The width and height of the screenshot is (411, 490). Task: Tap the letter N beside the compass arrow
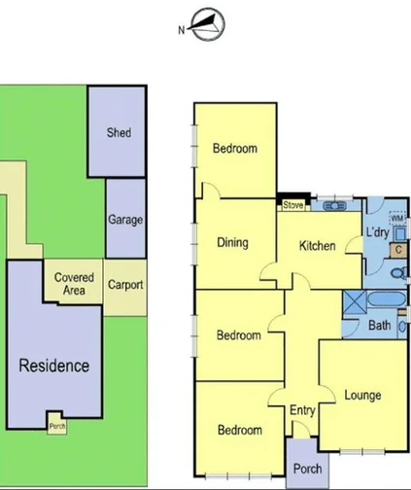(182, 29)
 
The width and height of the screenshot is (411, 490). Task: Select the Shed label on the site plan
(119, 132)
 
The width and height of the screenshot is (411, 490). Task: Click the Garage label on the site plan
(124, 220)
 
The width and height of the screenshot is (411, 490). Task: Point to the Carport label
(124, 285)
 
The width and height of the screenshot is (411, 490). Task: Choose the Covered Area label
(74, 284)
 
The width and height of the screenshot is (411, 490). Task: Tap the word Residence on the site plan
(54, 366)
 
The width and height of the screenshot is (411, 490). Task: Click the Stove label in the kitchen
(292, 205)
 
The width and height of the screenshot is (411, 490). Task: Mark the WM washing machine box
(396, 222)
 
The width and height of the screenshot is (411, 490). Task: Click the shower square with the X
(353, 301)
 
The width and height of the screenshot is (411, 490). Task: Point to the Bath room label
(379, 326)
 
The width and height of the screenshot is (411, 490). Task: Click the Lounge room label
(362, 395)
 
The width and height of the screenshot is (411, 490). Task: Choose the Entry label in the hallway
(302, 410)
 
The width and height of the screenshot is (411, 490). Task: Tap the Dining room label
(232, 243)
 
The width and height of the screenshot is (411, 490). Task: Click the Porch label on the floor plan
(307, 469)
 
